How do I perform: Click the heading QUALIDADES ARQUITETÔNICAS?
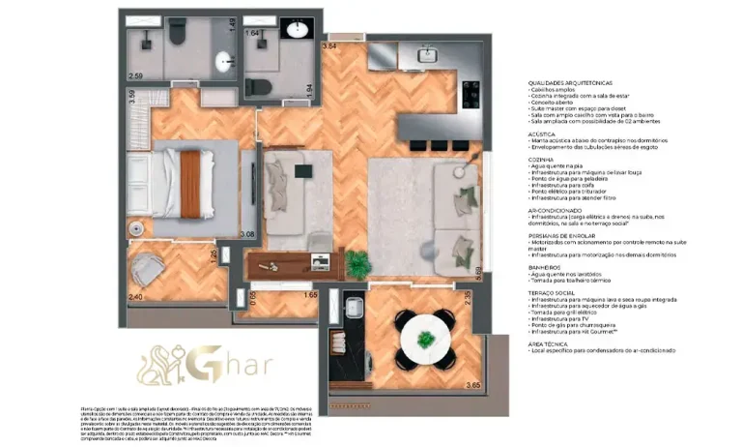coord(570,83)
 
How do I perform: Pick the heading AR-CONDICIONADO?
coord(554,209)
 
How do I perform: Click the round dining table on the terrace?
coord(425,337)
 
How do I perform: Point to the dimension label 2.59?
coord(135,75)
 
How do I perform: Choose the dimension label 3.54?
coord(329,45)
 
